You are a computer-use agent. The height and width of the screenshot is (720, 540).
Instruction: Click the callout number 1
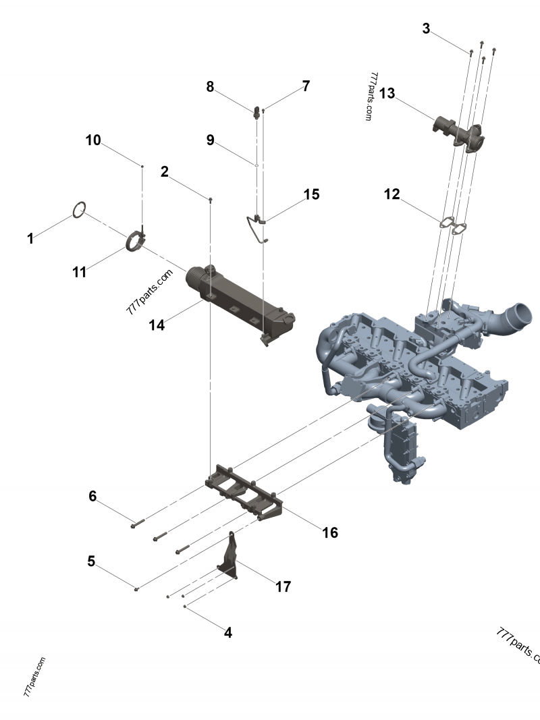click(x=30, y=238)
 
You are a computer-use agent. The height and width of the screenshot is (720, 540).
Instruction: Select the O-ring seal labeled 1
click(x=79, y=210)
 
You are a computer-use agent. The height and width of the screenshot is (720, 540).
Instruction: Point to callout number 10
click(x=92, y=140)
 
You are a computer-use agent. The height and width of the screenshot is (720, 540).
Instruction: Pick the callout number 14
click(x=157, y=325)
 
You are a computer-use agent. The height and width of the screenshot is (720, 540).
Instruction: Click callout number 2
click(x=164, y=171)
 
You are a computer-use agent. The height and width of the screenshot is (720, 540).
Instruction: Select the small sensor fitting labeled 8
click(x=257, y=112)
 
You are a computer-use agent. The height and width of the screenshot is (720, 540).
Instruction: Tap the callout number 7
click(x=306, y=86)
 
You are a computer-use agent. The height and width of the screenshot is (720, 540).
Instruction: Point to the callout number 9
click(x=210, y=140)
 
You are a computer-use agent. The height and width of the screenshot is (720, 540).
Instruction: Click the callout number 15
click(x=311, y=194)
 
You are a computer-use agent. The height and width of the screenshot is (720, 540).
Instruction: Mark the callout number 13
click(x=387, y=93)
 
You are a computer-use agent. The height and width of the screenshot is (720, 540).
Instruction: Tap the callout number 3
click(x=426, y=29)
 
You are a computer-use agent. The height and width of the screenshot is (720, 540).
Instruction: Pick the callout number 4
click(x=228, y=633)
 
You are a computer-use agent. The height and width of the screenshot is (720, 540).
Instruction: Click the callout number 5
click(x=90, y=561)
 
